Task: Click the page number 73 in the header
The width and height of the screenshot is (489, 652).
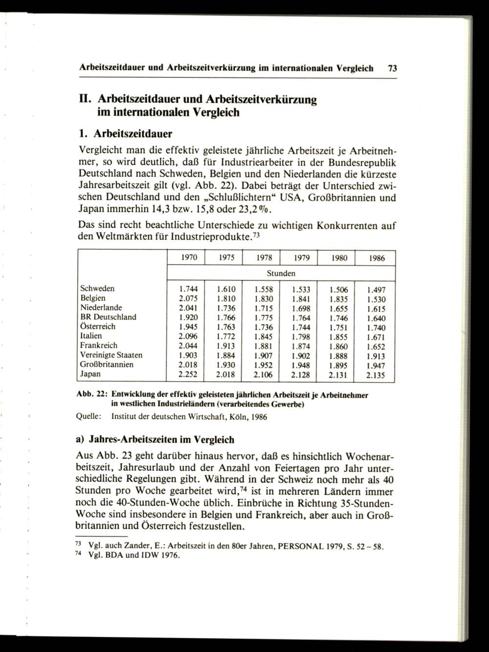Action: click(x=392, y=69)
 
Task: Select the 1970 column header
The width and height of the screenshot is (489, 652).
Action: click(x=186, y=258)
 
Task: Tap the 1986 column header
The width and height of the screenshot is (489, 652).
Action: click(x=376, y=258)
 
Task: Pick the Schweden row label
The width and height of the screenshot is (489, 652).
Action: click(x=97, y=289)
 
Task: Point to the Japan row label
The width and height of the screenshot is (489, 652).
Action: click(x=90, y=374)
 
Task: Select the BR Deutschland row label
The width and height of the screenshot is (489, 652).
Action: click(x=108, y=317)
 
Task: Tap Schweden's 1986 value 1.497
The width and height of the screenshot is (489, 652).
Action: click(x=376, y=290)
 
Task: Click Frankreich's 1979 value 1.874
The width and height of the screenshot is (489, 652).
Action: click(x=300, y=346)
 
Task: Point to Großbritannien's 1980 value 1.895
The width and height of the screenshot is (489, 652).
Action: click(x=338, y=365)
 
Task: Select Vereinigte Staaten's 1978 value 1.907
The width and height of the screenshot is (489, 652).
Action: click(x=263, y=356)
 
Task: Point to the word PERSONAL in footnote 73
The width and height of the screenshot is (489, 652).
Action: click(x=299, y=546)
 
